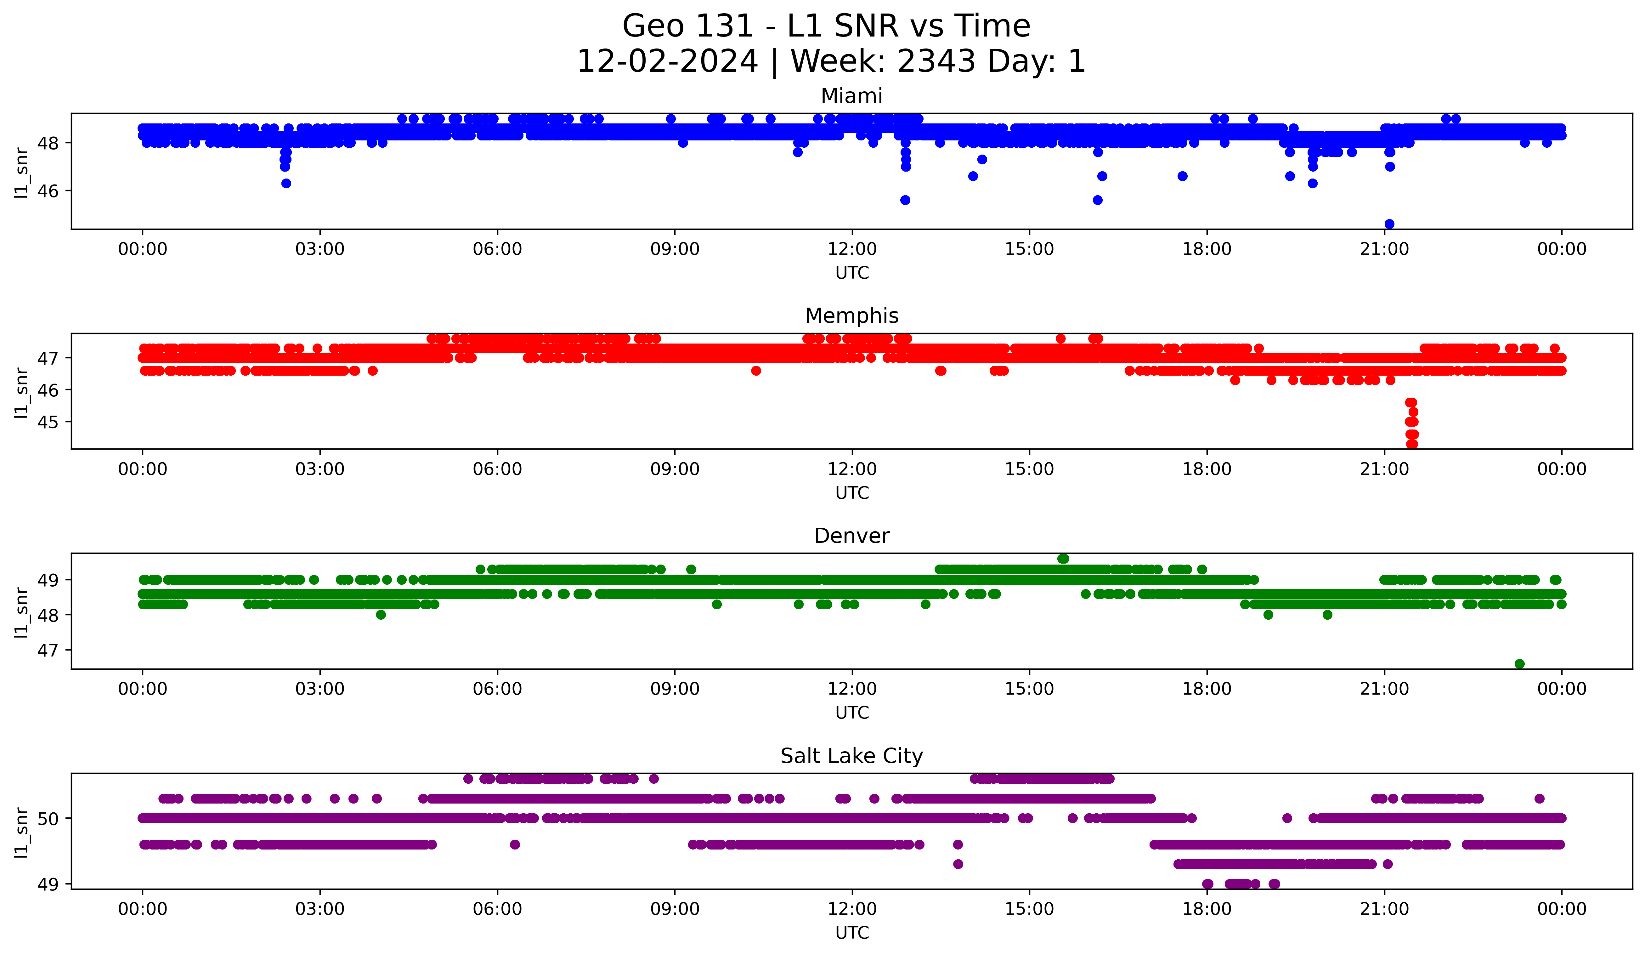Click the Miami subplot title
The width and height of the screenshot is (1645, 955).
(851, 96)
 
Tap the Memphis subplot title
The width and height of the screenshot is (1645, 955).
(851, 316)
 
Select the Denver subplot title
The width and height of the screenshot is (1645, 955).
(851, 536)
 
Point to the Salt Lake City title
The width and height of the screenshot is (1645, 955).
(851, 756)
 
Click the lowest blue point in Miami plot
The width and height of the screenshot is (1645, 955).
(1389, 224)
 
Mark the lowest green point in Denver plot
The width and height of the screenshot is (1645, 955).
(1519, 664)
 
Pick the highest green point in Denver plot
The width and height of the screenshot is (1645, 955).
(1063, 559)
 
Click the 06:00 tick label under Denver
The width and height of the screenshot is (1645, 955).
(497, 689)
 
